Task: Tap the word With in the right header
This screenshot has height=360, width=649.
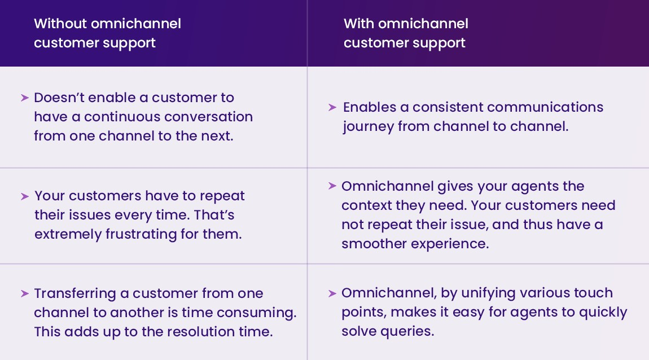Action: click(359, 23)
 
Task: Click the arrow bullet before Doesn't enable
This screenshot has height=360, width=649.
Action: click(24, 98)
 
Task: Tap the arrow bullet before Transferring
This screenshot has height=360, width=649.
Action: click(24, 293)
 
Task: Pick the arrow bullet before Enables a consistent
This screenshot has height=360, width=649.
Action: click(332, 107)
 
